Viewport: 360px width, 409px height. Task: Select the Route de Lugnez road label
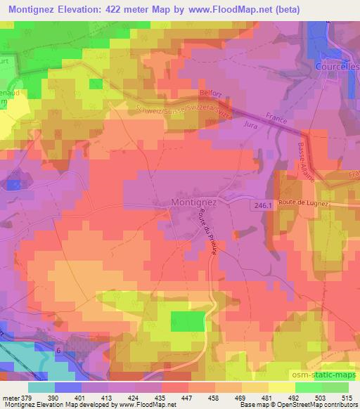(x=304, y=202)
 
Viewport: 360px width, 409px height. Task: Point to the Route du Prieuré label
(x=214, y=228)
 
